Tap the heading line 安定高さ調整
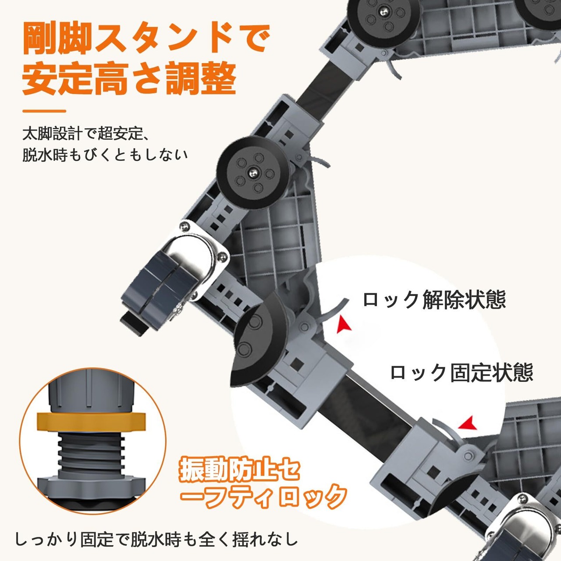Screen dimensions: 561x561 (129, 78)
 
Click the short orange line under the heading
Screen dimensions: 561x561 (44, 111)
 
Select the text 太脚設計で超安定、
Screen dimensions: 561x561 (86, 134)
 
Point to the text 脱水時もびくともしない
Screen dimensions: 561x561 (105, 154)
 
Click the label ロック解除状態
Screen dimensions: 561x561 (434, 300)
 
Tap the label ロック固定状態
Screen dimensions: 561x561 (462, 373)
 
